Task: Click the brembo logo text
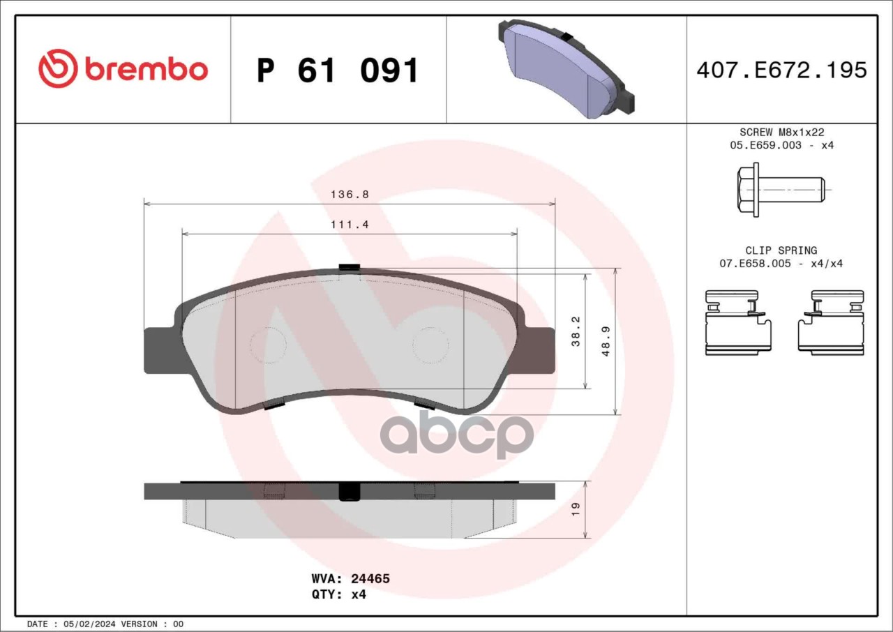pos(147,70)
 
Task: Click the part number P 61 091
pos(338,70)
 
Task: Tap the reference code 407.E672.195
pos(782,70)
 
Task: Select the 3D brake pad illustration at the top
pos(566,69)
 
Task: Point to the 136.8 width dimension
pos(350,195)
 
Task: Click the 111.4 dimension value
pos(350,225)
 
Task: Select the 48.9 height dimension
pos(606,342)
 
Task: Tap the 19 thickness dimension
pos(576,510)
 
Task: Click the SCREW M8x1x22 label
pos(782,132)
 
